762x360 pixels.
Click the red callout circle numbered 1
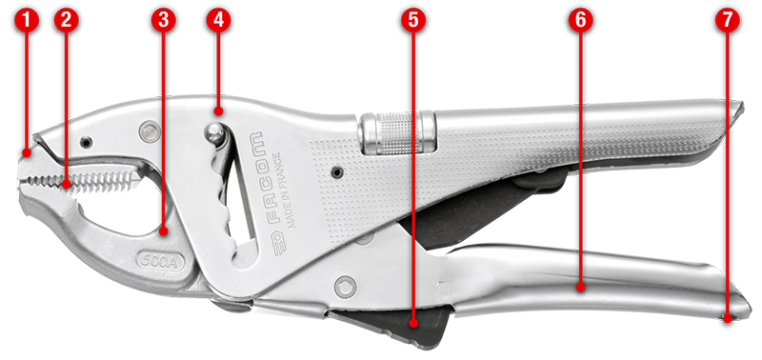click(27, 21)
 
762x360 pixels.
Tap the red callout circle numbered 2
click(67, 21)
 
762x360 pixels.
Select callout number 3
click(163, 21)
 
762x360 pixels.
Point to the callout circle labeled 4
click(218, 21)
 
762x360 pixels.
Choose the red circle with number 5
click(413, 21)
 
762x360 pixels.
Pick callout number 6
click(580, 21)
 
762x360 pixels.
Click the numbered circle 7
click(727, 21)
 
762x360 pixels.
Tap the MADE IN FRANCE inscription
click(283, 190)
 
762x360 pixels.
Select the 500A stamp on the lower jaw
click(160, 262)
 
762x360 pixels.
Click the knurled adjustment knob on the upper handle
click(396, 132)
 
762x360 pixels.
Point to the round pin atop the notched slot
click(214, 133)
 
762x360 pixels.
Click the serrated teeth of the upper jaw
click(83, 180)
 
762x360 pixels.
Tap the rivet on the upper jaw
click(149, 131)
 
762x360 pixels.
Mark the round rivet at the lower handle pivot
click(346, 286)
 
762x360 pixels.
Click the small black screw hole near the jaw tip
click(87, 142)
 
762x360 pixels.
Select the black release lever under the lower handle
click(392, 326)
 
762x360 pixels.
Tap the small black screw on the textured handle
click(336, 171)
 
